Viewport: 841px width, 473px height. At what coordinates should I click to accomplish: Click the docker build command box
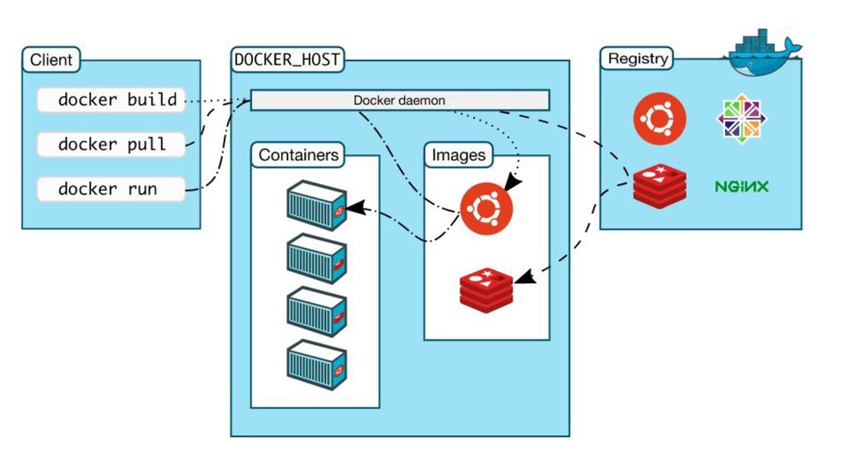pos(111,99)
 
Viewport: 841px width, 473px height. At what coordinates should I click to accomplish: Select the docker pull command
pos(111,145)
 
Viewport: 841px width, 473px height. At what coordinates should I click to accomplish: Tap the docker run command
pos(111,189)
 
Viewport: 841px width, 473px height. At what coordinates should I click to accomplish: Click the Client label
pos(51,59)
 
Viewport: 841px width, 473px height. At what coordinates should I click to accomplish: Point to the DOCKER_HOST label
pos(287,59)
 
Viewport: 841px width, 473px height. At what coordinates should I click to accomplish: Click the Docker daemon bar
pos(400,100)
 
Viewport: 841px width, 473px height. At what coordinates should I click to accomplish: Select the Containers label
pos(298,155)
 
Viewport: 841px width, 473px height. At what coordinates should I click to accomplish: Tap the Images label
pos(458,155)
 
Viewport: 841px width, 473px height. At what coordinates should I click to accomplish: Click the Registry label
pos(637,58)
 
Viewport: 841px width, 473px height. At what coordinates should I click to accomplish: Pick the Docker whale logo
pos(765,53)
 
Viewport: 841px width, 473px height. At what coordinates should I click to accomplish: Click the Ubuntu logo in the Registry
pos(659,118)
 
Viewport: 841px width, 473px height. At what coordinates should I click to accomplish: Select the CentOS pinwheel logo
pos(742,118)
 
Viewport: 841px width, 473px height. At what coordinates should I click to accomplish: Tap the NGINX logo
pos(742,186)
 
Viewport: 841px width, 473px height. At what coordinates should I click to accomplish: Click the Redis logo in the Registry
pos(659,186)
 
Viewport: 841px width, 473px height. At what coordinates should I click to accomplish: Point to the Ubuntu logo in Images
pos(486,209)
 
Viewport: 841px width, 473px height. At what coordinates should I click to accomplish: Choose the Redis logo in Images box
pos(486,290)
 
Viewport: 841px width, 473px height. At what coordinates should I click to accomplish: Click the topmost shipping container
pos(316,205)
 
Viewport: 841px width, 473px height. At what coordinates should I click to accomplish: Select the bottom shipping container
pos(316,365)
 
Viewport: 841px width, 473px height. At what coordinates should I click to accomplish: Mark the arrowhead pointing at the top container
pos(356,208)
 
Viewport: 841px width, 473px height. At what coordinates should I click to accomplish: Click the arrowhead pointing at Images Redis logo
pos(524,277)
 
